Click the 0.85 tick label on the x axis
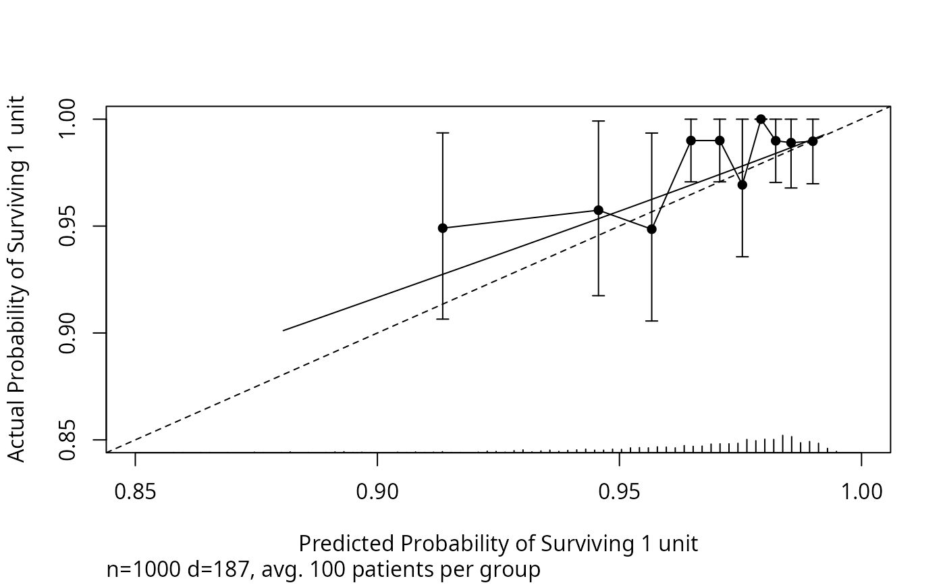(x=135, y=491)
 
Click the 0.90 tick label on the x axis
(x=377, y=491)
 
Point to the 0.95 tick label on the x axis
(x=619, y=491)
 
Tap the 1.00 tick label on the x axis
(x=861, y=491)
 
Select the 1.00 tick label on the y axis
(x=70, y=119)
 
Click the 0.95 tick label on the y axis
(x=70, y=226)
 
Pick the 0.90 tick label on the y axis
(x=70, y=333)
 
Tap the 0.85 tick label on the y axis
(x=70, y=440)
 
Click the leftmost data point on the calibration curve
(x=443, y=228)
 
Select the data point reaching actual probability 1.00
(x=761, y=119)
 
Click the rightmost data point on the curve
(x=813, y=141)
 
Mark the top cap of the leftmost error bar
(x=443, y=133)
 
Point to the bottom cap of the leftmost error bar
(x=443, y=319)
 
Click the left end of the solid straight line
(x=283, y=330)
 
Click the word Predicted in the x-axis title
(x=346, y=543)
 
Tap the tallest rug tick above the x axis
(x=782, y=443)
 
